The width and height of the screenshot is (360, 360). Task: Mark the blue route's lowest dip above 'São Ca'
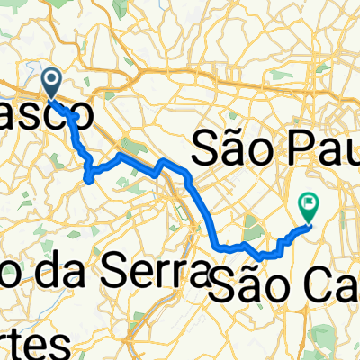261,258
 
